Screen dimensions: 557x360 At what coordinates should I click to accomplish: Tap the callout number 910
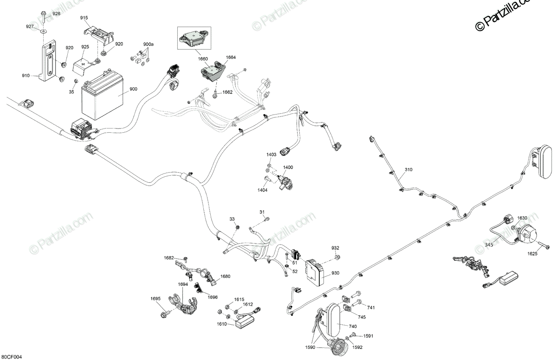(x=26, y=76)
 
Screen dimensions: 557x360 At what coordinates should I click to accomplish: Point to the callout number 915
(x=84, y=18)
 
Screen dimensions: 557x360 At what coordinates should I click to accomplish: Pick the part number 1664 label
(x=231, y=58)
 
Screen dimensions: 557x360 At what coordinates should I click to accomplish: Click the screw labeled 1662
(x=215, y=94)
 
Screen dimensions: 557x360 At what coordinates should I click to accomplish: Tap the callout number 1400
(x=288, y=167)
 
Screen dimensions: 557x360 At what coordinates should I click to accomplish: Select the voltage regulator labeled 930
(x=315, y=272)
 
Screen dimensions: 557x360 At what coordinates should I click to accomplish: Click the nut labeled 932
(x=337, y=257)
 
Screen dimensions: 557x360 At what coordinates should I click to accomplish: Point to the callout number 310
(x=408, y=170)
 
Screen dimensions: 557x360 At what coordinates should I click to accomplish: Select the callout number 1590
(x=310, y=347)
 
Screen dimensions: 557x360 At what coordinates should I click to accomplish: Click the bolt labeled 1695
(x=165, y=314)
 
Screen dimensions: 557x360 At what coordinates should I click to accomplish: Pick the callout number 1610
(x=221, y=324)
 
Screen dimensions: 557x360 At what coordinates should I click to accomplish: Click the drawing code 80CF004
(x=11, y=357)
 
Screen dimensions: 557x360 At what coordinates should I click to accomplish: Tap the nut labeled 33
(x=238, y=227)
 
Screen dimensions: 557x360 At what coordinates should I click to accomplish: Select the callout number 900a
(x=148, y=45)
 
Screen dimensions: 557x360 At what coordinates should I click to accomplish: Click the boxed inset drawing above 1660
(x=194, y=38)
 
